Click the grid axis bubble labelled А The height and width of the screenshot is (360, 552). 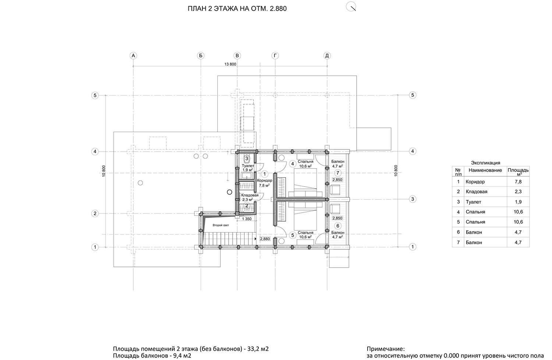pyautogui.click(x=133, y=56)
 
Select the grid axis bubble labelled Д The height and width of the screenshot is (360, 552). pyautogui.click(x=327, y=56)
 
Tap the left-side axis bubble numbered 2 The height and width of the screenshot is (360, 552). pyautogui.click(x=95, y=213)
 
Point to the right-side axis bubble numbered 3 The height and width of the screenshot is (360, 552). pyautogui.click(x=413, y=199)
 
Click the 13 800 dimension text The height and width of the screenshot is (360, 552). pyautogui.click(x=230, y=64)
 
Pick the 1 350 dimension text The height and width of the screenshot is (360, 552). pyautogui.click(x=247, y=219)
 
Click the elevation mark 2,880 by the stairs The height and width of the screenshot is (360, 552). pyautogui.click(x=265, y=239)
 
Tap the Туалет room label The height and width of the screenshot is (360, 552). pyautogui.click(x=248, y=166)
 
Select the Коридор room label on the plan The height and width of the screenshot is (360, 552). pyautogui.click(x=265, y=180)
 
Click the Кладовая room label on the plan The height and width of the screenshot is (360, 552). pyautogui.click(x=250, y=195)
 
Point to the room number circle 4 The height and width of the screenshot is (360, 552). pyautogui.click(x=293, y=164)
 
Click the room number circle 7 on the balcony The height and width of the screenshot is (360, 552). pyautogui.click(x=337, y=173)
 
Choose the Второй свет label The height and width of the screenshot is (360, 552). pyautogui.click(x=221, y=225)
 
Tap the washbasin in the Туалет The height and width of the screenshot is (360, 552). pyautogui.click(x=247, y=176)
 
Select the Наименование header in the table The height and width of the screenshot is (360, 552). pyautogui.click(x=485, y=170)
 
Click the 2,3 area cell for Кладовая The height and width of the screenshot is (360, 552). pyautogui.click(x=518, y=191)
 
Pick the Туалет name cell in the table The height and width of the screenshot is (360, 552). pyautogui.click(x=473, y=202)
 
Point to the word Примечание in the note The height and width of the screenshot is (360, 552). pyautogui.click(x=386, y=349)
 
